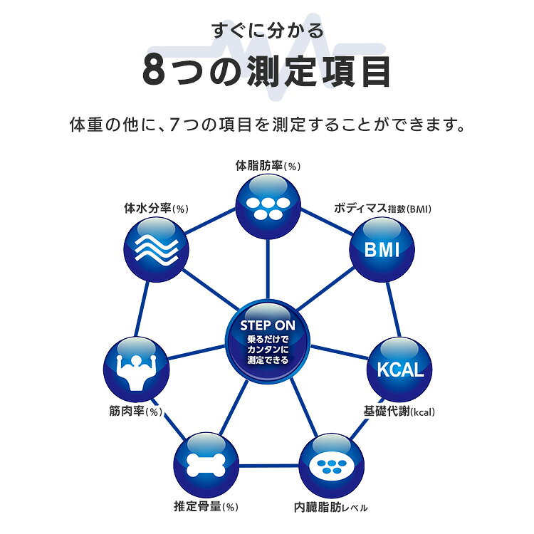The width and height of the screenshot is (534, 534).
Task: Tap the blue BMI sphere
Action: (382, 250)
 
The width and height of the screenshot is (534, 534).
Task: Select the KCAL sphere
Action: (399, 369)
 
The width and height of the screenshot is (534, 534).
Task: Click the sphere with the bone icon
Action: (206, 465)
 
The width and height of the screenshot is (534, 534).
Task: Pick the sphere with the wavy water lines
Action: (157, 250)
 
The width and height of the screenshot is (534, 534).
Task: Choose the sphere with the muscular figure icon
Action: (136, 369)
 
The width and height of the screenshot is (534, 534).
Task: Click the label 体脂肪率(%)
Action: (268, 166)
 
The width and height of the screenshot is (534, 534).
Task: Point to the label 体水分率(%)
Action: (157, 209)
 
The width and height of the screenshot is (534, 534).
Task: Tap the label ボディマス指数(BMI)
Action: (382, 209)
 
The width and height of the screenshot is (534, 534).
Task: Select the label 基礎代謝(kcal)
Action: (399, 412)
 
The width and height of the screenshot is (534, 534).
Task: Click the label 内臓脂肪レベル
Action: (330, 508)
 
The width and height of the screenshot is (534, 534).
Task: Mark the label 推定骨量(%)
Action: (206, 506)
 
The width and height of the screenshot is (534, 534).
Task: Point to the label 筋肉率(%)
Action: (135, 412)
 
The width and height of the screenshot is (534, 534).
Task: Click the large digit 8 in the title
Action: (154, 71)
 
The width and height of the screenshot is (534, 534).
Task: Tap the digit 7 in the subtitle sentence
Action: (174, 125)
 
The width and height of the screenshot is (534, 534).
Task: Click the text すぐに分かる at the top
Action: (268, 31)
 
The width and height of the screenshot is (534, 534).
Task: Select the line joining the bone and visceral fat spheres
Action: (269, 465)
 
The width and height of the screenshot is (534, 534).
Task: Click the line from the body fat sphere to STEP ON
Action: (268, 269)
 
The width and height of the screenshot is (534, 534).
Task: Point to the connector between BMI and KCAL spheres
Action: (393, 309)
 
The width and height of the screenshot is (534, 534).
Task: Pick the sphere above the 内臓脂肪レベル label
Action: (332, 465)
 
